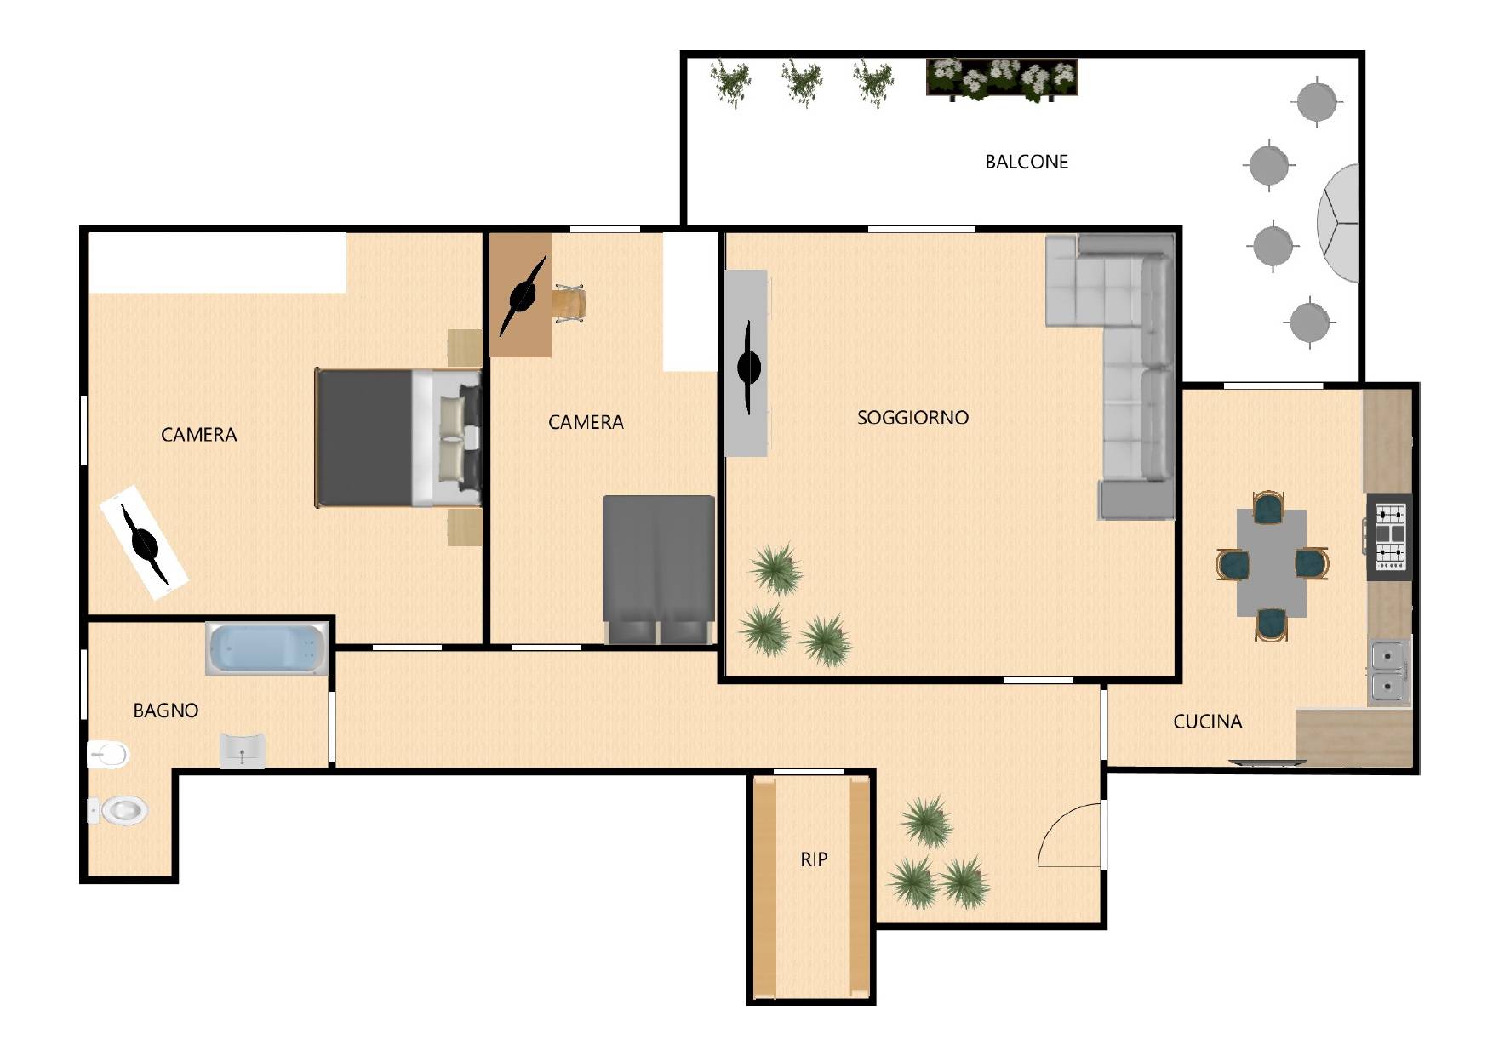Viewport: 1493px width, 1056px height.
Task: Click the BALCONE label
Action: (x=1026, y=162)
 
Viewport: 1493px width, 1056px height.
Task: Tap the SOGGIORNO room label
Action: (x=912, y=417)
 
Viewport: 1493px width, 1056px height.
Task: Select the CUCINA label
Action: (x=1207, y=722)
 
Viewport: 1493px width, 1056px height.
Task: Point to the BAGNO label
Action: (x=166, y=711)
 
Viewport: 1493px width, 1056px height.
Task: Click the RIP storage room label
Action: (x=814, y=859)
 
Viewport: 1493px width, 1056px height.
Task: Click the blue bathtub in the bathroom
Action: (x=267, y=649)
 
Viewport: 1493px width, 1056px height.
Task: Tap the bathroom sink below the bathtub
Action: (x=243, y=751)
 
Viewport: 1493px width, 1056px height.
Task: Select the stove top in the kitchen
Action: (x=1389, y=537)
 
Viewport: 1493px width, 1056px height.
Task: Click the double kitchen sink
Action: (x=1389, y=672)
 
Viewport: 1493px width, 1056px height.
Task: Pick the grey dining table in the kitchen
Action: (x=1272, y=562)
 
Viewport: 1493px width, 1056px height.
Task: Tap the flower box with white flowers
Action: (x=1002, y=79)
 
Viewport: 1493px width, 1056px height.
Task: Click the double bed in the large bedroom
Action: (x=398, y=437)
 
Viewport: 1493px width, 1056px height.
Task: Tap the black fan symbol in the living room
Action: (x=748, y=367)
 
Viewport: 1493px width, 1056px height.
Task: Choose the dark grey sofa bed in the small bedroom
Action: (x=659, y=569)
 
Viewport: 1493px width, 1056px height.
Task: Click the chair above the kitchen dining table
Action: (x=1269, y=506)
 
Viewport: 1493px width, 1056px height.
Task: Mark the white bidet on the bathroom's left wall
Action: (x=108, y=754)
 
